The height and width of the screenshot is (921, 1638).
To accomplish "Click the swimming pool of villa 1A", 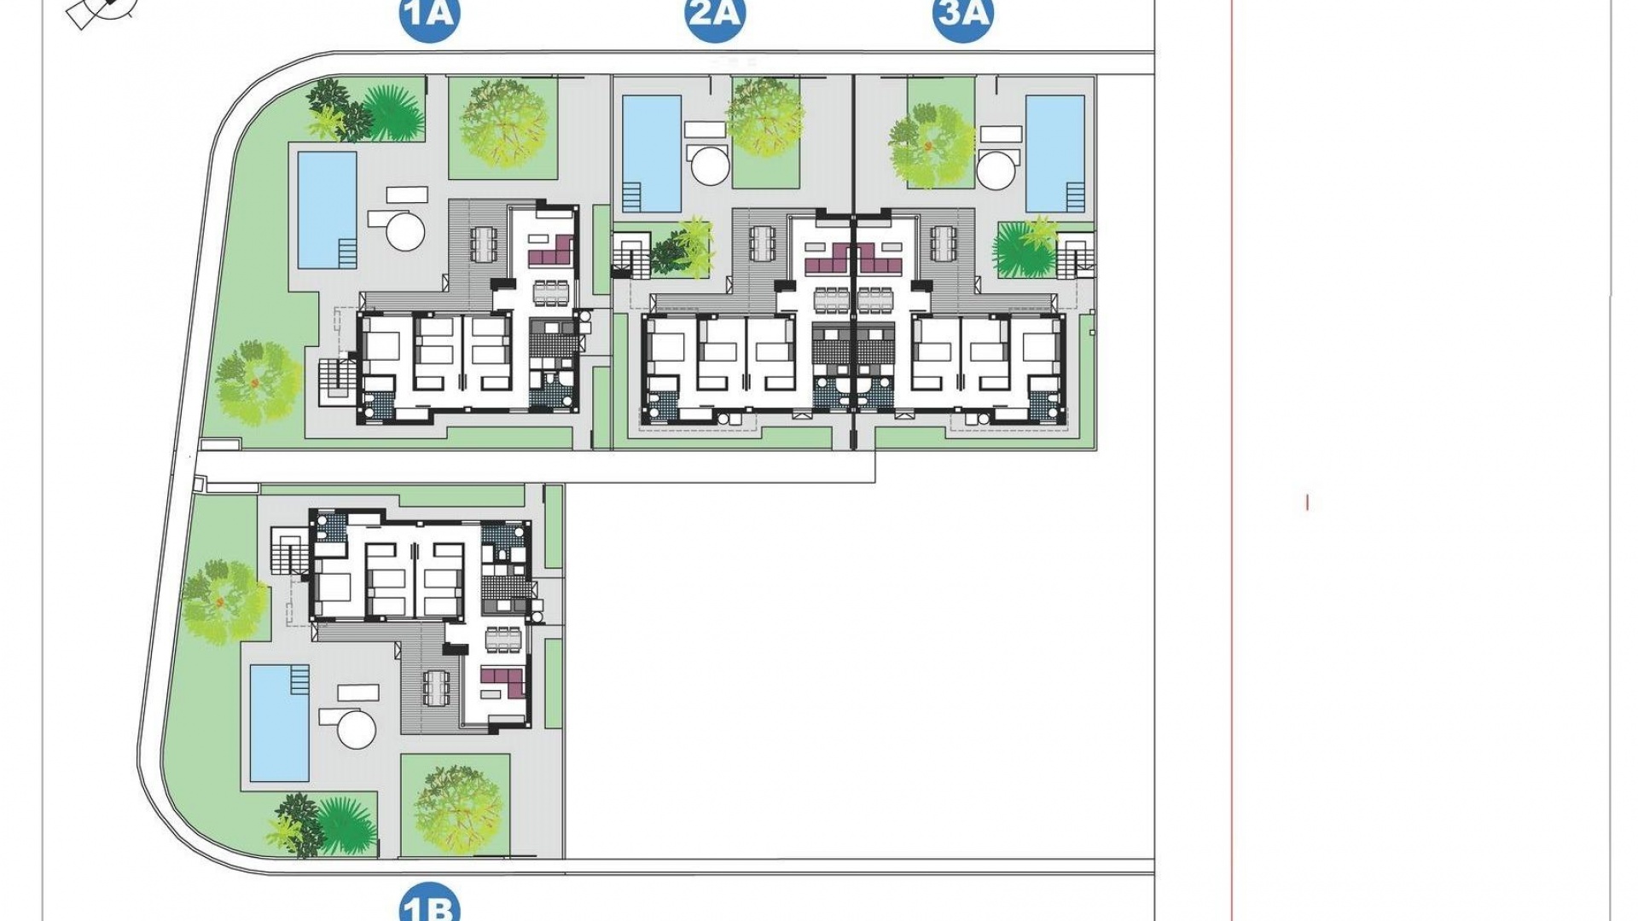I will click(x=327, y=209).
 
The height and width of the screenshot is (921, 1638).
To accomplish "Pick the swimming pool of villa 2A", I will click(x=652, y=153).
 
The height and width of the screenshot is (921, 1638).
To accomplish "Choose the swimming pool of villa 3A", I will click(x=1055, y=153).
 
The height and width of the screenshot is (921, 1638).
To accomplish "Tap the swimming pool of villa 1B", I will click(x=280, y=723).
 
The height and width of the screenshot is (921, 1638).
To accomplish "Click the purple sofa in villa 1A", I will click(x=551, y=252).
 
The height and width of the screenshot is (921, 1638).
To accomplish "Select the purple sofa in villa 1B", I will click(x=503, y=682).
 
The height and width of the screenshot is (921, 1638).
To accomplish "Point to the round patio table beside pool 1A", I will click(x=404, y=230).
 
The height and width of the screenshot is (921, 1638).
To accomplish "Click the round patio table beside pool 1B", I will click(x=357, y=729).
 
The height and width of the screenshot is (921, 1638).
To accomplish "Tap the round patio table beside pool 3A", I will click(x=996, y=169).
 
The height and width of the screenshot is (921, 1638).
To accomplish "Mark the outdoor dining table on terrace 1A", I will click(x=484, y=246).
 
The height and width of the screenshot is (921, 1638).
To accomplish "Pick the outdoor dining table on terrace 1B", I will click(x=436, y=687).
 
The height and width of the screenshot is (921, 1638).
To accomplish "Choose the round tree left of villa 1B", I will click(x=223, y=602).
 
